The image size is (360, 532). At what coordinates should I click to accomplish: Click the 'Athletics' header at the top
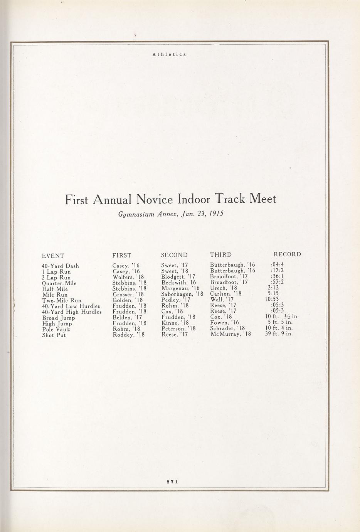click(x=169, y=54)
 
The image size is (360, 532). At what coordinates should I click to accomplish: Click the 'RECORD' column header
click(x=287, y=254)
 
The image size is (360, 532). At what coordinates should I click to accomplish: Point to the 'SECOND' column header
click(x=174, y=255)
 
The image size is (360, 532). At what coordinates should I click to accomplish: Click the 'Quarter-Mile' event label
click(x=59, y=283)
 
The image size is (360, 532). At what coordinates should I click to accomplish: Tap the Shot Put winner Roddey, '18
click(x=129, y=335)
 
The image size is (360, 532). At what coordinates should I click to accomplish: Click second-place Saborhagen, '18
click(x=182, y=295)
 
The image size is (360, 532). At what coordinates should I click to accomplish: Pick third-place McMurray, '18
click(x=230, y=334)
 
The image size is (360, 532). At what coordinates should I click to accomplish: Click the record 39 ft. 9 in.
click(x=279, y=334)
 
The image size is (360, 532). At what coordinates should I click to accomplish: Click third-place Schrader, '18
click(x=227, y=328)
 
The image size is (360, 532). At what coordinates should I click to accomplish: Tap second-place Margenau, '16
click(x=180, y=288)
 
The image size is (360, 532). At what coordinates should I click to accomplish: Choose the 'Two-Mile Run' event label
click(x=62, y=301)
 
